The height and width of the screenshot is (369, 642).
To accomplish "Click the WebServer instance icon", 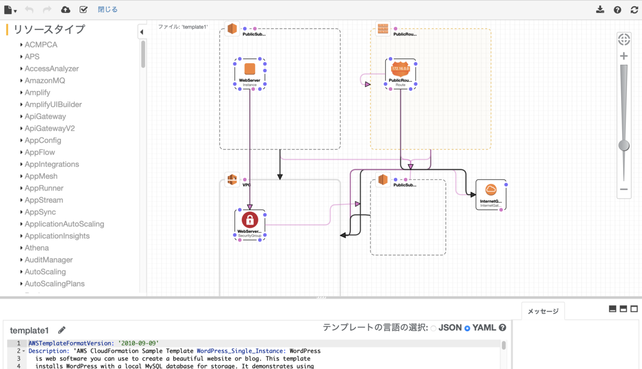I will coord(250,70).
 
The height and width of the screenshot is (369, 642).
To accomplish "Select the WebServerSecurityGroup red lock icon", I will coord(250,220).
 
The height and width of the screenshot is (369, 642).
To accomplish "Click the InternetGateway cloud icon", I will coord(491,190).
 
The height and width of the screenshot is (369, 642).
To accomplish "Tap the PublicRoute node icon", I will coord(400,69).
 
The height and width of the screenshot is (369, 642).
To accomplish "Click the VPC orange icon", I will coord(232,179).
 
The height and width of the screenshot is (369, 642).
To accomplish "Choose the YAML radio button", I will coord(467,328).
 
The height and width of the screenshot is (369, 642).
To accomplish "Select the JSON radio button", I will coord(433,328).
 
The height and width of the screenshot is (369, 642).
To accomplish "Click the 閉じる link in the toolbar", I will coord(108,10).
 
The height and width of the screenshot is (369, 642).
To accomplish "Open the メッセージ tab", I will coord(542,311).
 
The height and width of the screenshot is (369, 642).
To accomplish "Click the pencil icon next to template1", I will coord(62,330).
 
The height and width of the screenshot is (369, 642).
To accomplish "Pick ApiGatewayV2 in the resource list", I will coord(50,129).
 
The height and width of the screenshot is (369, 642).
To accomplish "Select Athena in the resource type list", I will coord(36,248).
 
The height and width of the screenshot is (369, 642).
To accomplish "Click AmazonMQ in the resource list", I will coord(45,81).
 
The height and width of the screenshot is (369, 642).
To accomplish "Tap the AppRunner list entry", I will coord(44,188).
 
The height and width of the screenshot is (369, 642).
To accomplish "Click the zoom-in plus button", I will coord(624,56).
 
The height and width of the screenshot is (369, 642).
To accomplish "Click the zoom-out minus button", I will coord(624,189).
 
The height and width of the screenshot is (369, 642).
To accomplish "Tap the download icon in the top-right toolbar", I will coord(600,10).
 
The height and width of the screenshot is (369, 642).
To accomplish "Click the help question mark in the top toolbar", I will coord(617,10).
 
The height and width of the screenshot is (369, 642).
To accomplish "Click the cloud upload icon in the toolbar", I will coord(66,10).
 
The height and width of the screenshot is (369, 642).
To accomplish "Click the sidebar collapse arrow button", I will coord(142,32).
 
